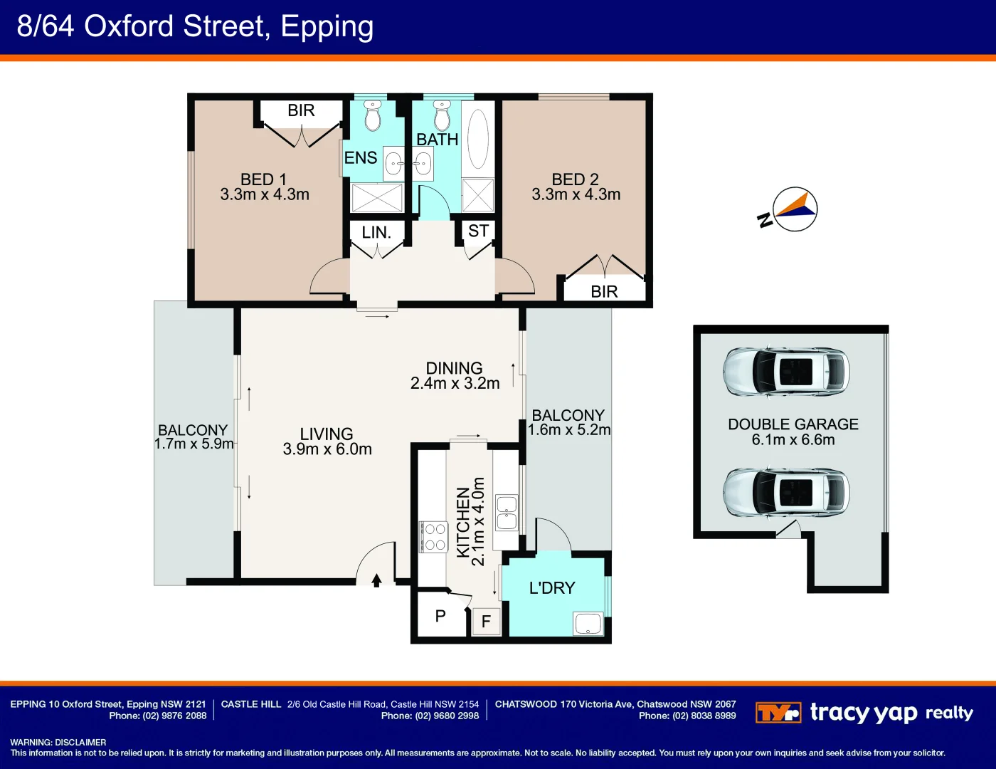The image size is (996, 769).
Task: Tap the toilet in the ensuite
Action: point(373,116)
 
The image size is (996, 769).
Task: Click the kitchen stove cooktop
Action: point(434,536)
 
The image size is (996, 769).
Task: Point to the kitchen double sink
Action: point(507,512)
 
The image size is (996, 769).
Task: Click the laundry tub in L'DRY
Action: point(588,624)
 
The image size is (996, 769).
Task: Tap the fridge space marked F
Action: point(487,622)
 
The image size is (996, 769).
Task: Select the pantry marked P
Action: point(440,616)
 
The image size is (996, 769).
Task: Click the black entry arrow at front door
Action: point(377,580)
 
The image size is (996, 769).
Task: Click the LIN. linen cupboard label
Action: point(376,233)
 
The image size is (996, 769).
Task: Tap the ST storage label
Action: point(478,231)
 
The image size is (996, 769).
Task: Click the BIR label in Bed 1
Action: point(301,110)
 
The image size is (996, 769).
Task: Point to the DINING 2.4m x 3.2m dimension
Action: point(455,383)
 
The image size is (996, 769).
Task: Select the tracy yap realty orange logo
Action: point(778,713)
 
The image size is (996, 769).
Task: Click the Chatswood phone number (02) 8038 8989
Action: point(687,716)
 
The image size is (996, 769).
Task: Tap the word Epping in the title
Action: point(327,26)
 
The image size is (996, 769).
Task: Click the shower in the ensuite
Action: point(377,198)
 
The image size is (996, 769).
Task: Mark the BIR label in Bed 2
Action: point(604,291)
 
